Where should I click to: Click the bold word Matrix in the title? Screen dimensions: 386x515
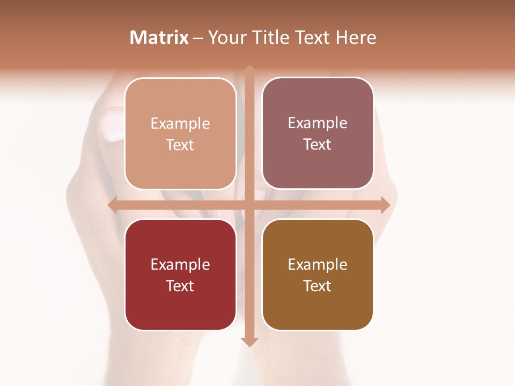click(x=159, y=38)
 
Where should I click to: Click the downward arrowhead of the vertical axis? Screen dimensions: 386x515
click(x=249, y=342)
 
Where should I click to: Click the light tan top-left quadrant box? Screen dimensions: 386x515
click(x=180, y=161)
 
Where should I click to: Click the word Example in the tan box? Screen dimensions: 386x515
click(x=180, y=124)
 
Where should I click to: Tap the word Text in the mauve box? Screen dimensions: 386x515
click(x=318, y=145)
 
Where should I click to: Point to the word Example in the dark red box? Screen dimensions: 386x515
click(x=180, y=264)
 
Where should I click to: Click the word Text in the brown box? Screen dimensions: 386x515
click(x=318, y=286)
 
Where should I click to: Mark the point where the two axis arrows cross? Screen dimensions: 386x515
click(x=249, y=205)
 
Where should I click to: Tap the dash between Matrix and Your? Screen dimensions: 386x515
click(x=198, y=38)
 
